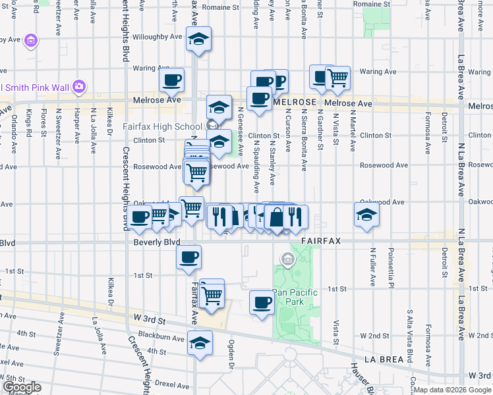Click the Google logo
click(22, 387)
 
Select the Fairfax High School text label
click(162, 126)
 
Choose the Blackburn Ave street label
click(165, 338)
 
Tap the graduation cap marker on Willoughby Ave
click(197, 39)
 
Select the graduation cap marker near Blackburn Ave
click(200, 342)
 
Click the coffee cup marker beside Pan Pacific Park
click(262, 303)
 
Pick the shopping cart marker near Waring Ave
click(337, 77)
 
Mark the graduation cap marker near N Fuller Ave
click(366, 214)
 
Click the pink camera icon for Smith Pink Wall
click(79, 86)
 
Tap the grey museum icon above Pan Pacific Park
click(288, 259)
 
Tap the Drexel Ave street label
click(173, 382)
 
